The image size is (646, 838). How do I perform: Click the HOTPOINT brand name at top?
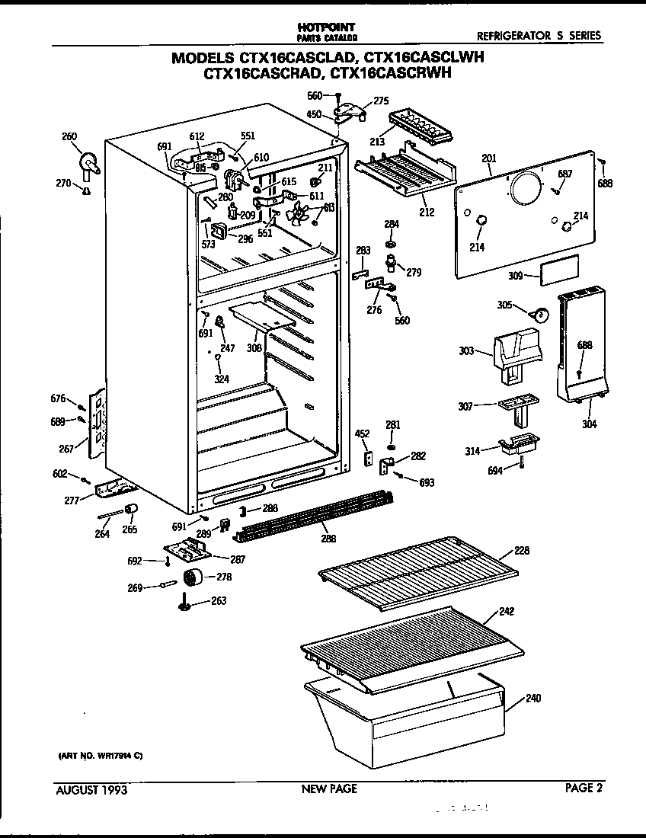tap(326, 27)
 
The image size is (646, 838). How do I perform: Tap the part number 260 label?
tap(69, 137)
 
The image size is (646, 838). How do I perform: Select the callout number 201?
tap(488, 158)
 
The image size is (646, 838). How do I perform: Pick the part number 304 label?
tap(590, 424)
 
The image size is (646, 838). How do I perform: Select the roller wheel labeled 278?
tap(194, 578)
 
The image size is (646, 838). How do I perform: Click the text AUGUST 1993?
tap(91, 789)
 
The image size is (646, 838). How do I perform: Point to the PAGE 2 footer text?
tap(584, 788)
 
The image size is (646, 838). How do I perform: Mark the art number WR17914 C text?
tap(101, 756)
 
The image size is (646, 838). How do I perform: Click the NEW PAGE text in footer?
tap(329, 789)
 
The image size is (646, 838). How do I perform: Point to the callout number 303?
tap(467, 351)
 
